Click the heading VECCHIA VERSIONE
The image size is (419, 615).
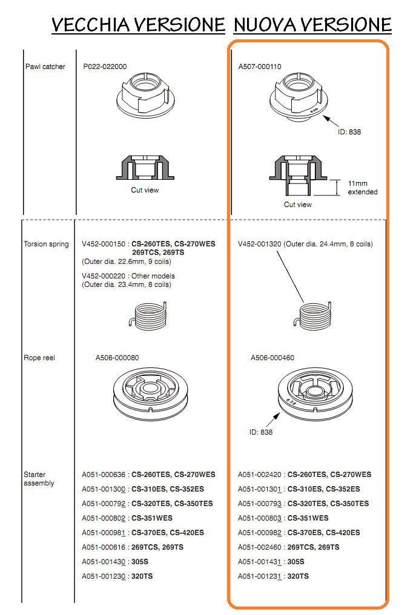point(138,25)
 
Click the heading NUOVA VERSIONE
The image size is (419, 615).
point(312,25)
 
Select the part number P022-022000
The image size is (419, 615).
point(105,67)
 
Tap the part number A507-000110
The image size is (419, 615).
point(260,67)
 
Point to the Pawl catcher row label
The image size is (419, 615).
point(45,67)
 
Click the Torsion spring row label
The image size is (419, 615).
point(47,245)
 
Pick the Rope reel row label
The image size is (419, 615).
point(39,358)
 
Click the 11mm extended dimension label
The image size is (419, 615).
point(362,188)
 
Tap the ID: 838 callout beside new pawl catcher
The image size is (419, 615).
point(349,131)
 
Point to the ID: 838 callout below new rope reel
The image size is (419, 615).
point(260,432)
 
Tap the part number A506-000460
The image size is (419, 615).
point(272,358)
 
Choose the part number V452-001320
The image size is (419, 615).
point(260,245)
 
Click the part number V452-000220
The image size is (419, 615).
point(105,276)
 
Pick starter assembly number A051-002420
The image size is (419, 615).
point(261,475)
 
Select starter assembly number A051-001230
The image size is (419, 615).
point(105,576)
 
